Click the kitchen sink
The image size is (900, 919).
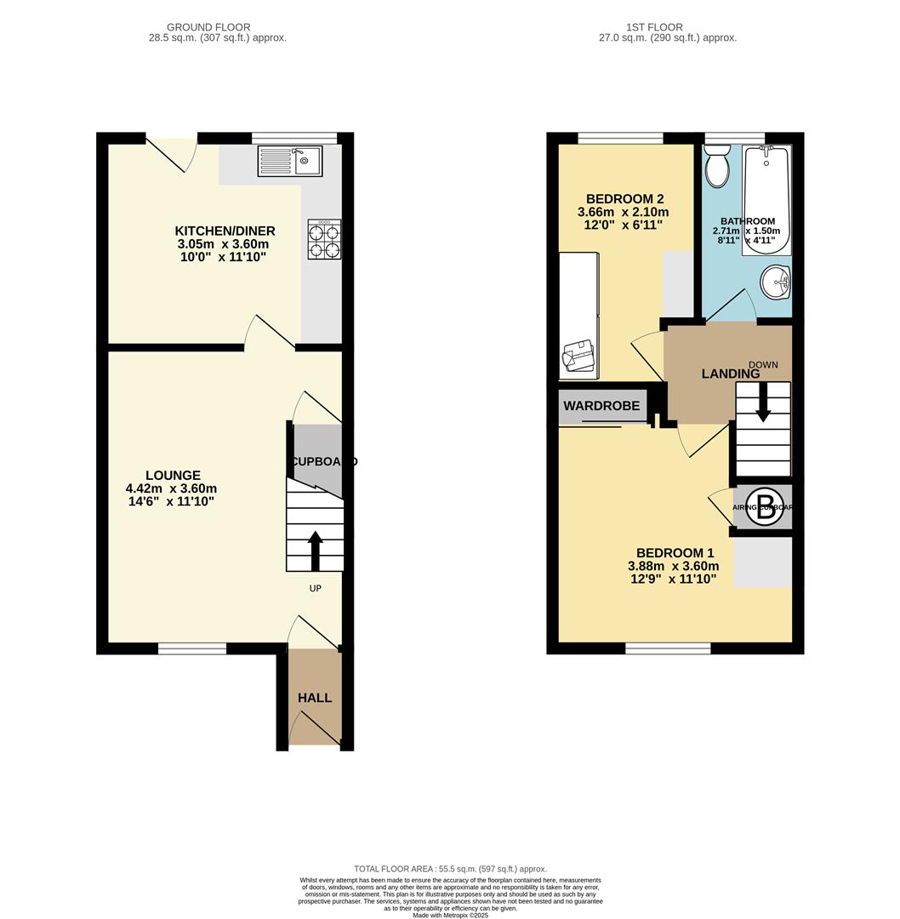(x=290, y=161)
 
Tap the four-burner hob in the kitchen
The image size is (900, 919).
(x=324, y=240)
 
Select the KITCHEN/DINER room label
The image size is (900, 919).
(x=225, y=231)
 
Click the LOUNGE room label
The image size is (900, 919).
(x=173, y=476)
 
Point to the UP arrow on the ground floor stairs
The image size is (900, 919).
(x=315, y=551)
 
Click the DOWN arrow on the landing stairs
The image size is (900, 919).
(x=763, y=402)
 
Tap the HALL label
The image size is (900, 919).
(x=315, y=698)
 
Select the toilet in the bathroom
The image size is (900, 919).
(x=717, y=165)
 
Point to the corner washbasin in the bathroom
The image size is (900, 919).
(x=776, y=282)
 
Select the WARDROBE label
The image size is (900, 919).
(x=601, y=406)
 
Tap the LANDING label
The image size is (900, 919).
(x=730, y=374)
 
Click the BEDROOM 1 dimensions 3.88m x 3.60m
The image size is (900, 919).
(x=673, y=566)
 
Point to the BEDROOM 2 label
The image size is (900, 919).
(x=624, y=198)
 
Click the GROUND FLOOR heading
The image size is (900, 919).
(x=208, y=27)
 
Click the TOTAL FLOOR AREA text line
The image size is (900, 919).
(x=450, y=869)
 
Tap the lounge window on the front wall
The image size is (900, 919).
(x=192, y=648)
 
